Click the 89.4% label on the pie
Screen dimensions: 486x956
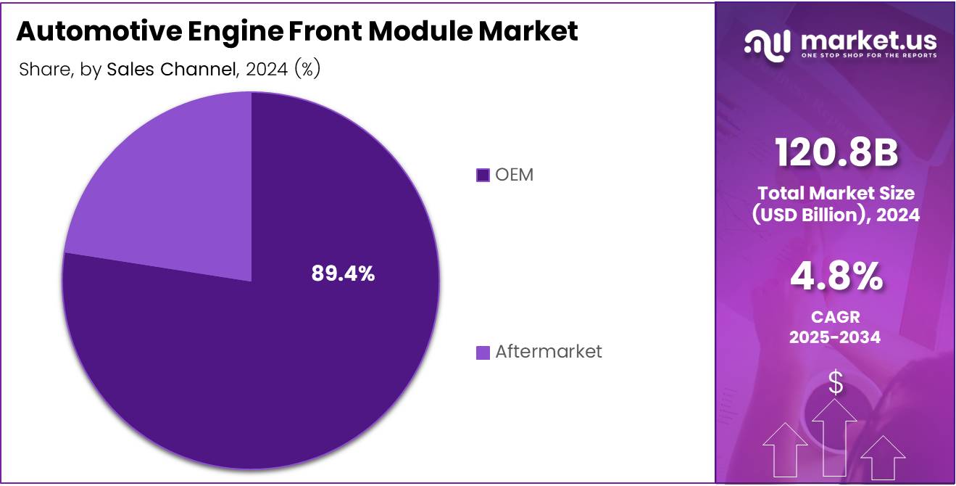coord(343,273)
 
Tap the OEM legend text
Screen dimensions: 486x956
coord(514,175)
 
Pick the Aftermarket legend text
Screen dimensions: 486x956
coord(548,352)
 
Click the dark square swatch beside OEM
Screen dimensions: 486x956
coord(483,176)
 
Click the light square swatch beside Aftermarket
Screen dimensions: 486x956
coord(483,353)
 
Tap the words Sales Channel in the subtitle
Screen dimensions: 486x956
coord(172,70)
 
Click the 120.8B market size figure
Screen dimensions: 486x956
coord(836,153)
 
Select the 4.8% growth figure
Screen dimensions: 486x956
coord(836,276)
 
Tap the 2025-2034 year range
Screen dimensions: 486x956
coord(836,337)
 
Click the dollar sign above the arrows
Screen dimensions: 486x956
coord(836,382)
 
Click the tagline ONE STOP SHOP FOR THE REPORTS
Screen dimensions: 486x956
coord(868,55)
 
